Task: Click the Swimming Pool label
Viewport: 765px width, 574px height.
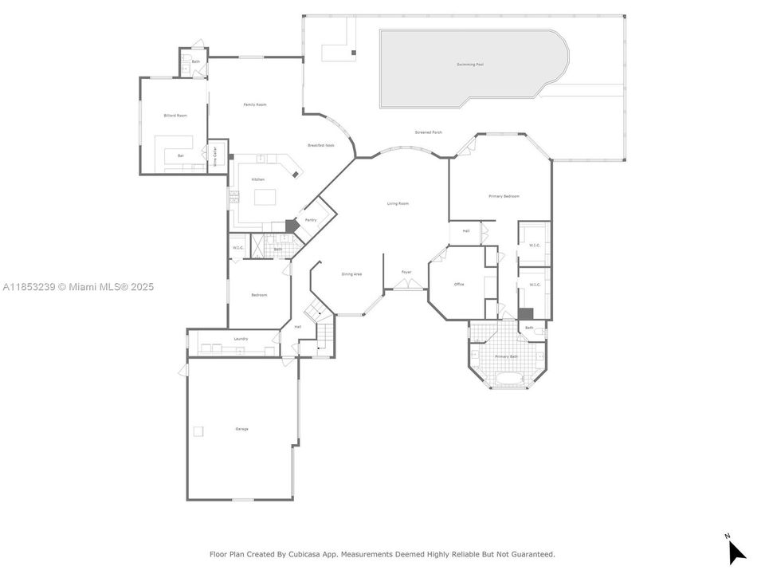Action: point(470,65)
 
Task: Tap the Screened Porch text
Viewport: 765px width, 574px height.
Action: point(428,132)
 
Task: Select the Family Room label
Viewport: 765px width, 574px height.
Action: point(255,104)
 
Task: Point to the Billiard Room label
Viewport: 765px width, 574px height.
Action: point(175,116)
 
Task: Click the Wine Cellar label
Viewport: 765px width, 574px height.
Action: point(214,152)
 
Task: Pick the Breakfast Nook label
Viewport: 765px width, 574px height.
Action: point(321,145)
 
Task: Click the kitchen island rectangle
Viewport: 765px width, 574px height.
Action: point(265,196)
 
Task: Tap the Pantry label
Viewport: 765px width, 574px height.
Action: point(311,220)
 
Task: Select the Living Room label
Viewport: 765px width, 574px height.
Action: point(398,204)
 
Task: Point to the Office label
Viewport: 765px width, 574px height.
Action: point(459,285)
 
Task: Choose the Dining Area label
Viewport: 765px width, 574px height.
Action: point(351,274)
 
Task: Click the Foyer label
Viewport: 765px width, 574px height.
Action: point(406,273)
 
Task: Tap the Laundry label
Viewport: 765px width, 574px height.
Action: point(241,339)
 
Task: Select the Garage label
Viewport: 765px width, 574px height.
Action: point(241,429)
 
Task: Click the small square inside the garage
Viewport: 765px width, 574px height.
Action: point(198,431)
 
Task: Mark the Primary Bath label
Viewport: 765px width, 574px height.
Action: point(506,356)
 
